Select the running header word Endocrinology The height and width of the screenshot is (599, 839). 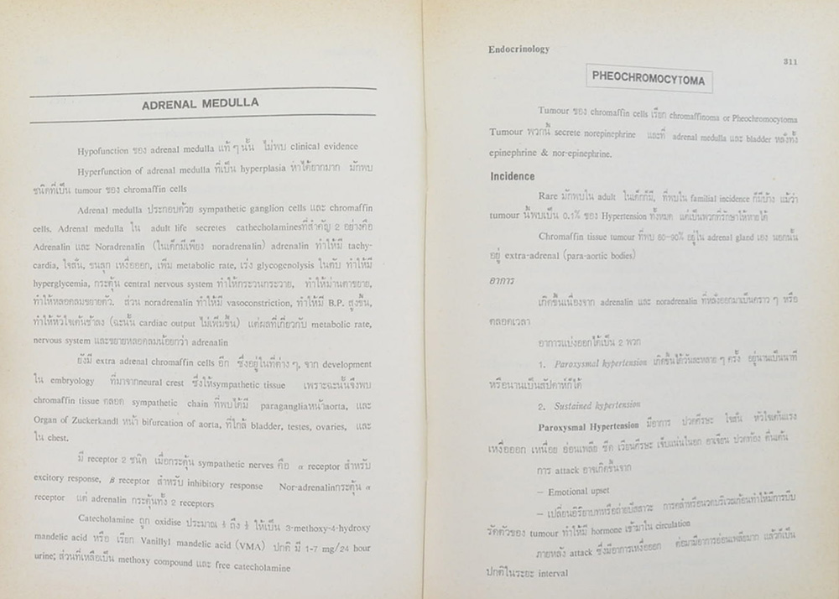click(x=519, y=49)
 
